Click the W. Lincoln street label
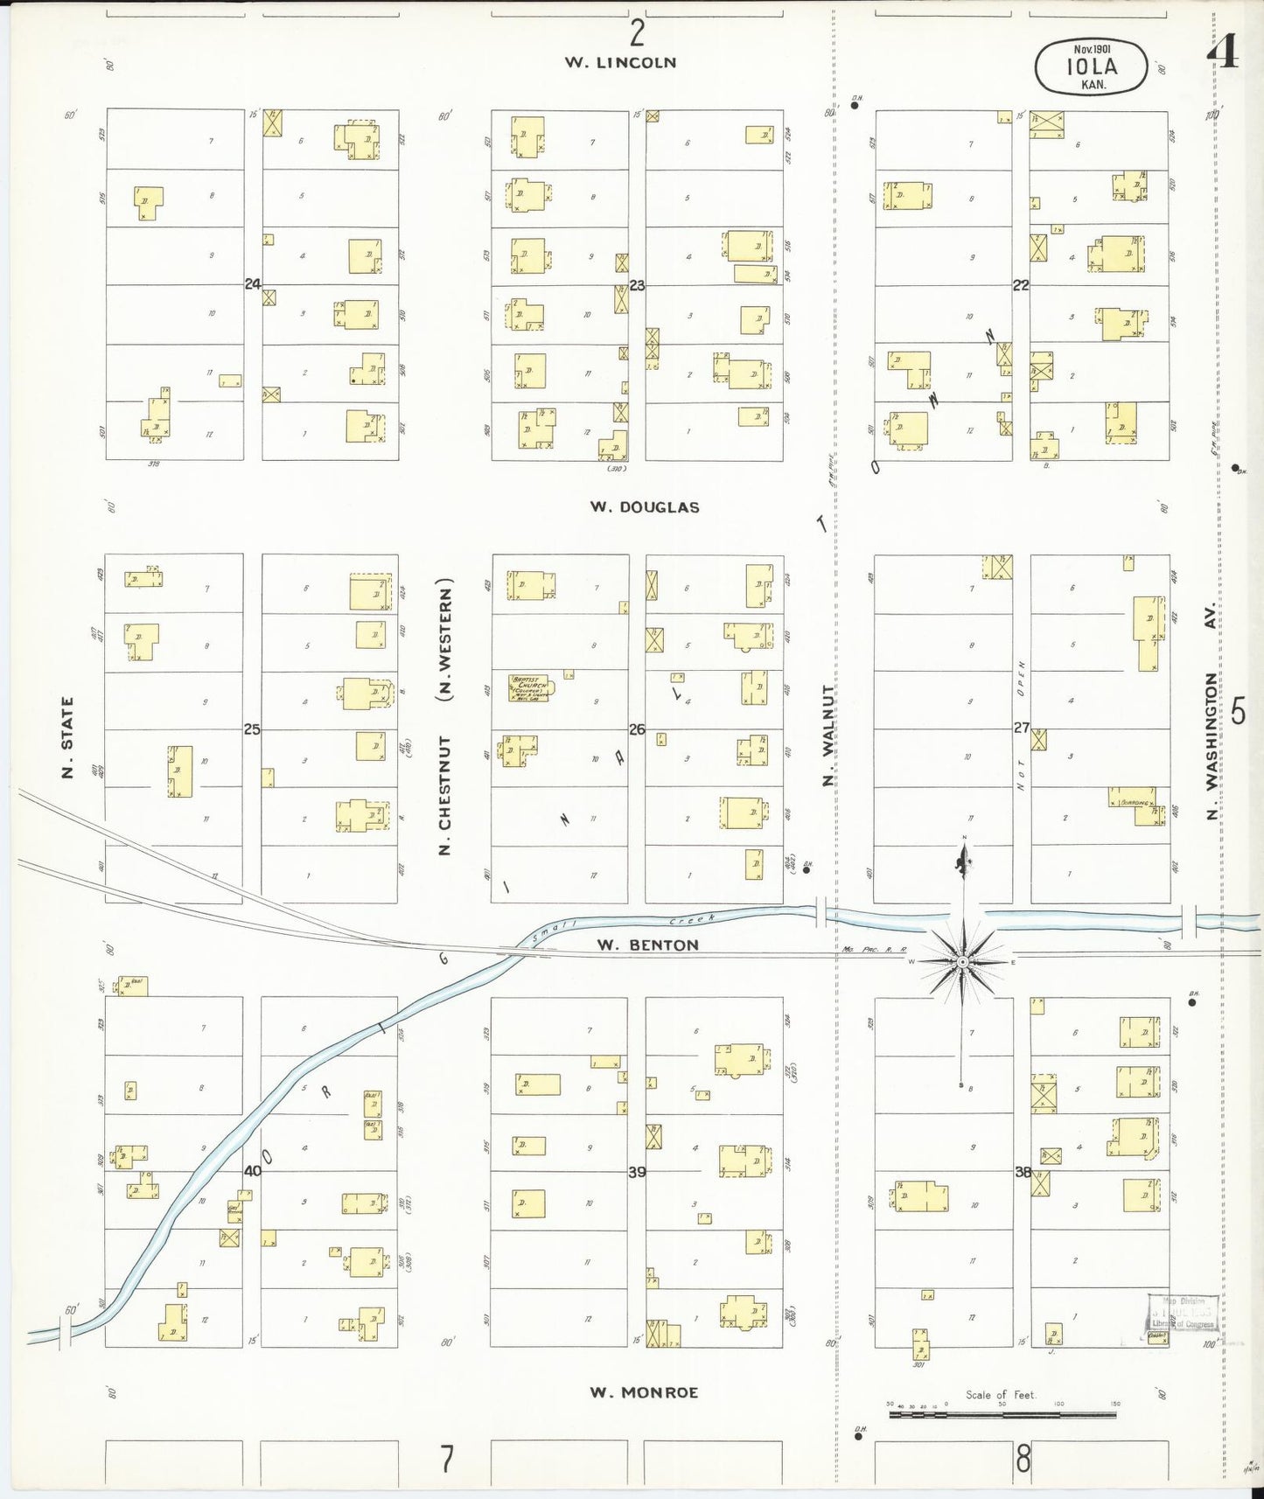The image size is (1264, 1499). click(x=620, y=62)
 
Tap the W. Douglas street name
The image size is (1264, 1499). click(x=645, y=507)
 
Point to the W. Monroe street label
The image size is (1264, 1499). click(x=644, y=1392)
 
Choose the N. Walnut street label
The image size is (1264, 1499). click(x=828, y=736)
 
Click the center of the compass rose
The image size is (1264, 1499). click(x=962, y=962)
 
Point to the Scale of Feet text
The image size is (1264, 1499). click(x=1001, y=1395)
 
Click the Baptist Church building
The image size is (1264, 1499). click(x=530, y=688)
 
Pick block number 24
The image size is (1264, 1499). click(x=253, y=284)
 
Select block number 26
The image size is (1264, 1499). click(x=637, y=729)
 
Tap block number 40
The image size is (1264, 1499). click(x=253, y=1171)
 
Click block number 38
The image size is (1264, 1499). click(x=1023, y=1172)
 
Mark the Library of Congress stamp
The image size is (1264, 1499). click(x=1184, y=1318)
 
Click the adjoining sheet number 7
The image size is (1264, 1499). click(x=447, y=1459)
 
